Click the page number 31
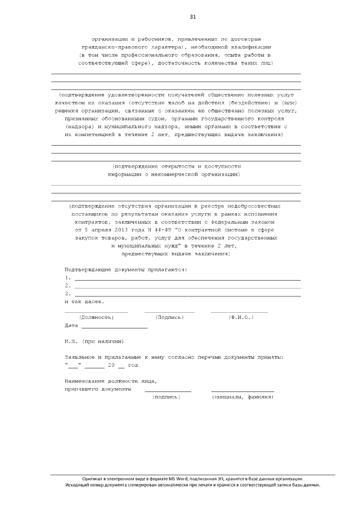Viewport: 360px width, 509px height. pyautogui.click(x=193, y=17)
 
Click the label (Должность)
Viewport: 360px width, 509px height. pyautogui.click(x=96, y=317)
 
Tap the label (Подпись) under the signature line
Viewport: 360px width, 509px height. pyautogui.click(x=169, y=317)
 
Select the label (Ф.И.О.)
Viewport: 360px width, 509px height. pyautogui.click(x=240, y=317)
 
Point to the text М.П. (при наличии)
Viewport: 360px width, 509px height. pyautogui.click(x=94, y=341)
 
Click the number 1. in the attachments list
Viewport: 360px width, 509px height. pyautogui.click(x=67, y=278)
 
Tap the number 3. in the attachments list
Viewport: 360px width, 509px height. pyautogui.click(x=67, y=294)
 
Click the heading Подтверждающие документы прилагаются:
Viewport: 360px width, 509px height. pyautogui.click(x=126, y=269)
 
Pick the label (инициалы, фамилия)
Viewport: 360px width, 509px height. pyautogui.click(x=242, y=397)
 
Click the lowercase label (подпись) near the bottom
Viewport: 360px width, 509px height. pyautogui.click(x=166, y=397)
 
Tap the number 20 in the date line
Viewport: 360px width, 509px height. pyautogui.click(x=111, y=365)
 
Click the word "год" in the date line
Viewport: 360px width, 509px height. pyautogui.click(x=132, y=365)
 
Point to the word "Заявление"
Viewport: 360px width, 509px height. pyautogui.click(x=80, y=357)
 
